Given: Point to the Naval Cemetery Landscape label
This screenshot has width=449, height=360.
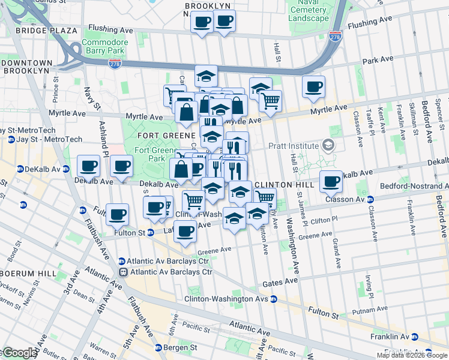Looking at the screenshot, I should (309, 10).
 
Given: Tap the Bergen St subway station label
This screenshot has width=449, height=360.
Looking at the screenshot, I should (181, 347).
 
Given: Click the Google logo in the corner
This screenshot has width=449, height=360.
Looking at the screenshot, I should (19, 353).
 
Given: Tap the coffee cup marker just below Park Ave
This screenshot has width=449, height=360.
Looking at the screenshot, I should (313, 86).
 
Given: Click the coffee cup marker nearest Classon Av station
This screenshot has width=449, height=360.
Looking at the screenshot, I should (330, 181).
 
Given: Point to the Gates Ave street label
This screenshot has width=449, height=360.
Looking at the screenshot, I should (283, 281).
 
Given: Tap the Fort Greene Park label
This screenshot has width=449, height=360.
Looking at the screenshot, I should (149, 154).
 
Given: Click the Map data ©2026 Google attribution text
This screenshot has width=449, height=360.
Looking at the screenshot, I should (412, 355).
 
